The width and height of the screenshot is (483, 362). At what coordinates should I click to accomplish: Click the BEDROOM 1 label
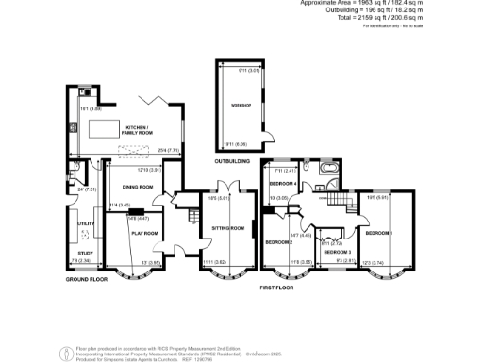[x=379, y=232]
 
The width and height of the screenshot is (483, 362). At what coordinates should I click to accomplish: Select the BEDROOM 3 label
[x=337, y=253]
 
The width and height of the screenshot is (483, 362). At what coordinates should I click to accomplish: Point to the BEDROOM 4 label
[x=284, y=183]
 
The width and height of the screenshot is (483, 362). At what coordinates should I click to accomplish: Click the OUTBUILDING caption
[x=232, y=162]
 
